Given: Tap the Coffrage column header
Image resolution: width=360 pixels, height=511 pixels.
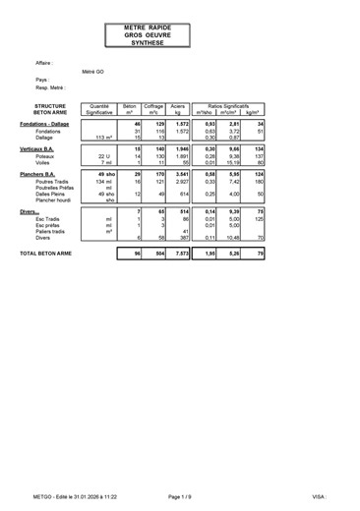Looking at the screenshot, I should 153,108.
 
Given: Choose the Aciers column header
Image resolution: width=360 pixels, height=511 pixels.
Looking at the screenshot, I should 178,108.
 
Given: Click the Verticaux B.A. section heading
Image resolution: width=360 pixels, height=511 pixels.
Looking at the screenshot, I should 42,147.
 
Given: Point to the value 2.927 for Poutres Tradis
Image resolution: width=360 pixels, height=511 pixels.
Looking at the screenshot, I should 178,182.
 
